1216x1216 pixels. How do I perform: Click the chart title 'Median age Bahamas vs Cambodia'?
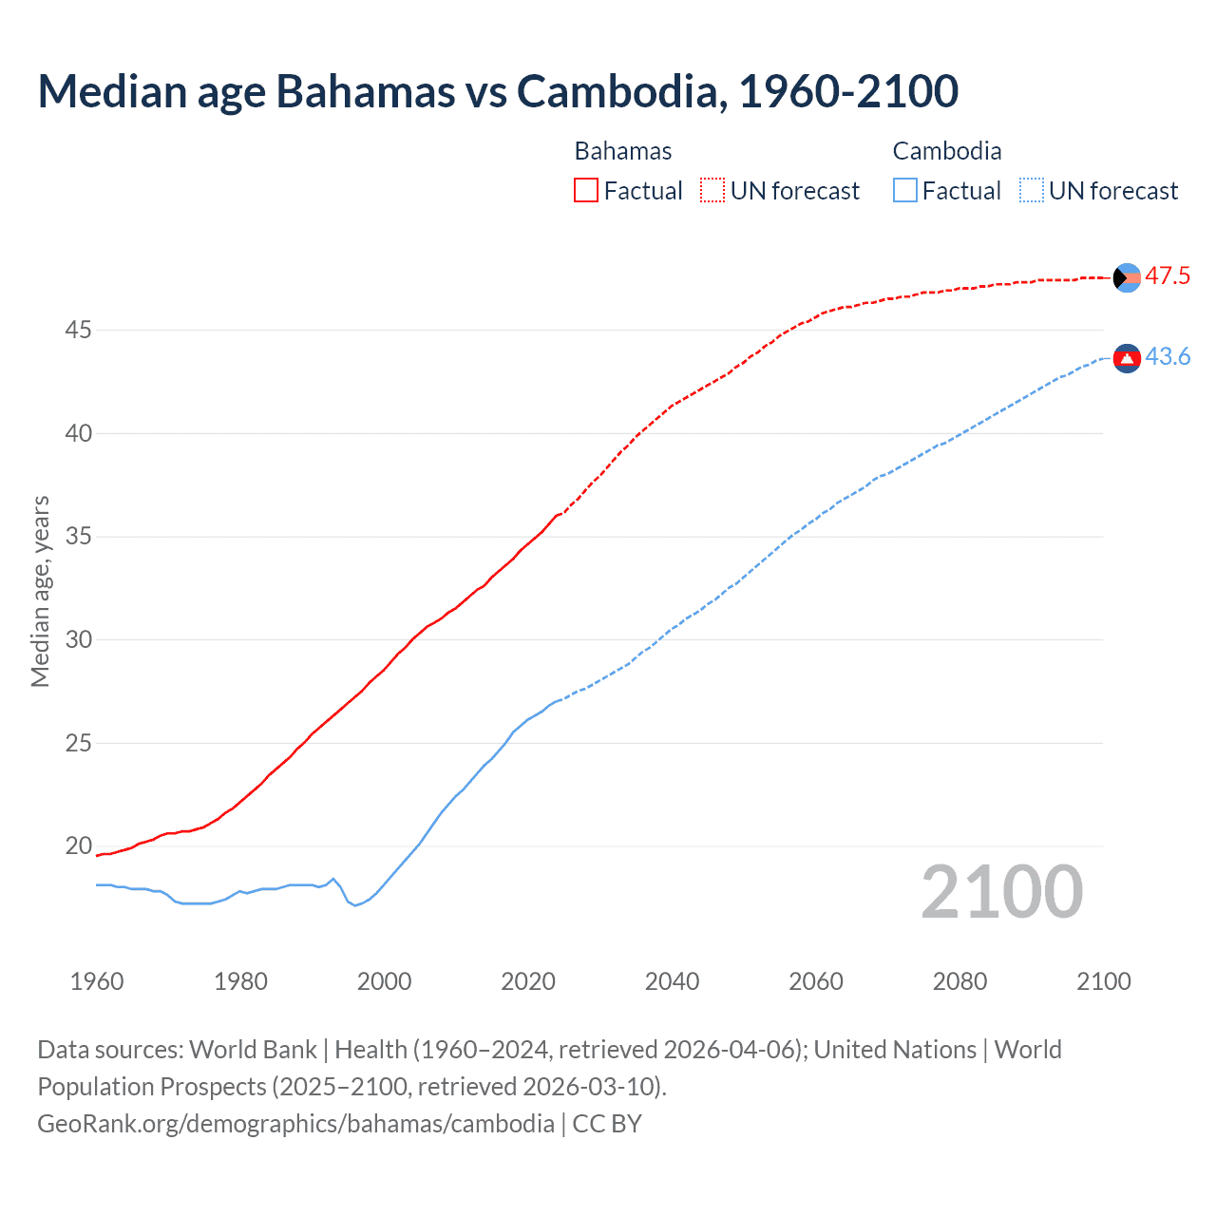pos(498,91)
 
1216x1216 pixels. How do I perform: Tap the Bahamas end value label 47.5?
pos(1168,276)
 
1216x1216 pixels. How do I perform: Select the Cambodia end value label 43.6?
pos(1168,357)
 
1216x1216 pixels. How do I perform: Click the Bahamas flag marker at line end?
pos(1127,277)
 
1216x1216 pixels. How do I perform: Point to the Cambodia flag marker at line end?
pos(1127,358)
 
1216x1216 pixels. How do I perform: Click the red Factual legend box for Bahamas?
pos(586,191)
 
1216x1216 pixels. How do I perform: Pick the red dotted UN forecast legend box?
pos(712,191)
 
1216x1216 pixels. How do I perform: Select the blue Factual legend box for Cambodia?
pos(904,191)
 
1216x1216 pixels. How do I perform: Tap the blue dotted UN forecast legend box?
pos(1031,191)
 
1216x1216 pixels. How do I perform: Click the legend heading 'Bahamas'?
pos(623,151)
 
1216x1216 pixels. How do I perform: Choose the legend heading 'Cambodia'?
pos(947,151)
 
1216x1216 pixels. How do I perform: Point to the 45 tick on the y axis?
pos(79,331)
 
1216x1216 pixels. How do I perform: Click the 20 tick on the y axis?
pos(79,846)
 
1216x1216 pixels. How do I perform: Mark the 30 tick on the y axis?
pos(79,640)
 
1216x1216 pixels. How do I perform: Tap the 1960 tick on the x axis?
pos(97,981)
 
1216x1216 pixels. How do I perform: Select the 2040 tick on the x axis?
pos(672,981)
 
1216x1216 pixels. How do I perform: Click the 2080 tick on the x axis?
pos(959,981)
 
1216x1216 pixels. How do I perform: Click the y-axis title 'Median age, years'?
pos(40,591)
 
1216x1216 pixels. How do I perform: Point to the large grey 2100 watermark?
pos(1001,892)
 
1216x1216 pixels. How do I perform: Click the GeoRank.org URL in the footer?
pos(295,1124)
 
